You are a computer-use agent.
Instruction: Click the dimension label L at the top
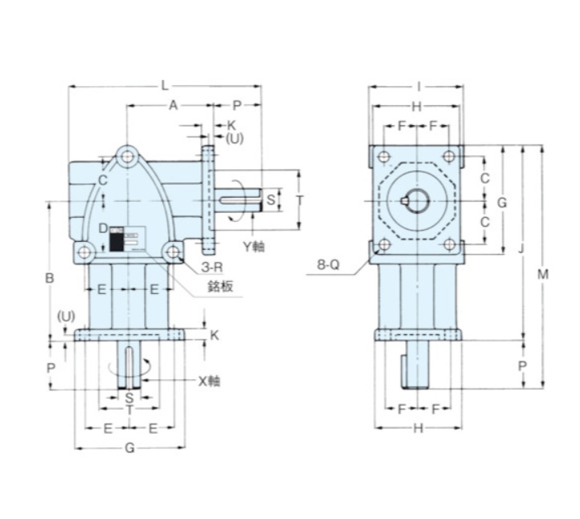coord(165,84)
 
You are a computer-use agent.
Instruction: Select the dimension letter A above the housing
coord(171,104)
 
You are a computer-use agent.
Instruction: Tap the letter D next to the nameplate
coord(102,229)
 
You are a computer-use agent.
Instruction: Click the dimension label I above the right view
coord(418,85)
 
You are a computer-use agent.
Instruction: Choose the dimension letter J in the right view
coord(521,250)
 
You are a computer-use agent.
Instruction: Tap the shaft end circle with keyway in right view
coord(417,201)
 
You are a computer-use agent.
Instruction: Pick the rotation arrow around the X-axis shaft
coord(130,367)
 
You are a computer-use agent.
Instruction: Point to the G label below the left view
coord(130,448)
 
